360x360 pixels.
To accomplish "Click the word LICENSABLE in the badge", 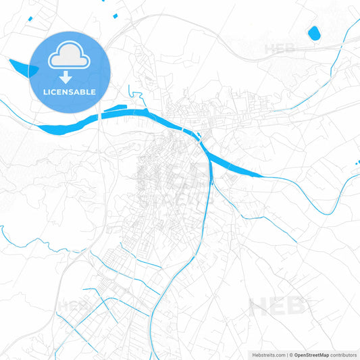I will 70,91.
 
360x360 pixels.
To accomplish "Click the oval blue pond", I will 313,32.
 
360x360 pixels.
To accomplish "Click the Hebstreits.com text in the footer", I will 267,354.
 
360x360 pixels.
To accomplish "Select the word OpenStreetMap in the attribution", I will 311,354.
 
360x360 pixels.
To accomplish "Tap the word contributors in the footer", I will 344,354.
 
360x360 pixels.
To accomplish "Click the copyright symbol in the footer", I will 290,354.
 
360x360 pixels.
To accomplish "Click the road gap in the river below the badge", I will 99,117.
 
